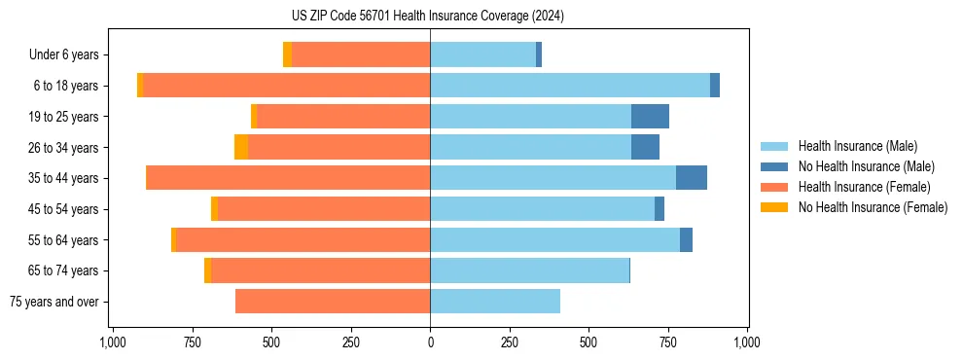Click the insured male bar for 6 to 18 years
click(x=570, y=86)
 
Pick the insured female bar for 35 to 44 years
click(x=288, y=178)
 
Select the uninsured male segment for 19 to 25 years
click(x=650, y=117)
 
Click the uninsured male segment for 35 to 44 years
click(x=692, y=178)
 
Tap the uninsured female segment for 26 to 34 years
click(x=241, y=147)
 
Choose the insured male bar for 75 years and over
click(x=495, y=302)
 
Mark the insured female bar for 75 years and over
click(x=333, y=302)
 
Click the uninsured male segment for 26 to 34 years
click(x=645, y=147)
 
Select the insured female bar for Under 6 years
click(x=361, y=54)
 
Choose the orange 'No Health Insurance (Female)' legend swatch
click(x=775, y=207)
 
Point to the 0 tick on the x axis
click(x=430, y=342)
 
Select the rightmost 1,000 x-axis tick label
click(x=747, y=342)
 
